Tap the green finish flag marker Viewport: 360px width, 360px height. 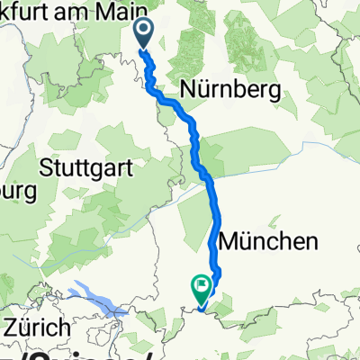pyautogui.click(x=200, y=287)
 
